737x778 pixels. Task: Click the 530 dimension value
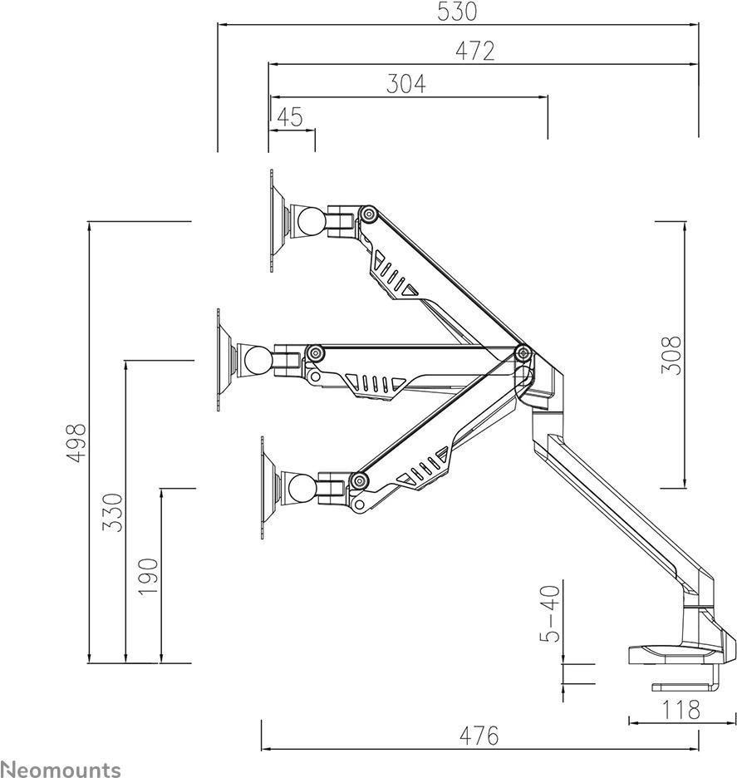click(x=457, y=12)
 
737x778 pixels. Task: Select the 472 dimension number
click(x=475, y=51)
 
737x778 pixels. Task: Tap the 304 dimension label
click(x=406, y=84)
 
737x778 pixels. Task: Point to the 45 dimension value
click(x=290, y=117)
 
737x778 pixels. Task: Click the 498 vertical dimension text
click(x=77, y=443)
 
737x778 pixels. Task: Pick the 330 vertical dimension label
click(x=112, y=513)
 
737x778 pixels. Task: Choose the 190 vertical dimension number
click(x=148, y=577)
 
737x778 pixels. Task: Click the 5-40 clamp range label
click(x=550, y=614)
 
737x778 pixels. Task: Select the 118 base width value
click(x=681, y=710)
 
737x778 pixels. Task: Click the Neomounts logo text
click(x=61, y=769)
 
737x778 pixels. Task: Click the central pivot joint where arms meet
click(x=523, y=353)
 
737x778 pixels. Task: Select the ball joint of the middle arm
click(x=258, y=360)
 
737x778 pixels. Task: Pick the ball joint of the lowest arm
click(x=302, y=487)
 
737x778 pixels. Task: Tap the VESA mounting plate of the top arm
click(x=278, y=220)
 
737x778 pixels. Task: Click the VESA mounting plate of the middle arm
click(x=224, y=359)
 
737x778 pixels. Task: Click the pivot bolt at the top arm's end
click(x=368, y=214)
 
